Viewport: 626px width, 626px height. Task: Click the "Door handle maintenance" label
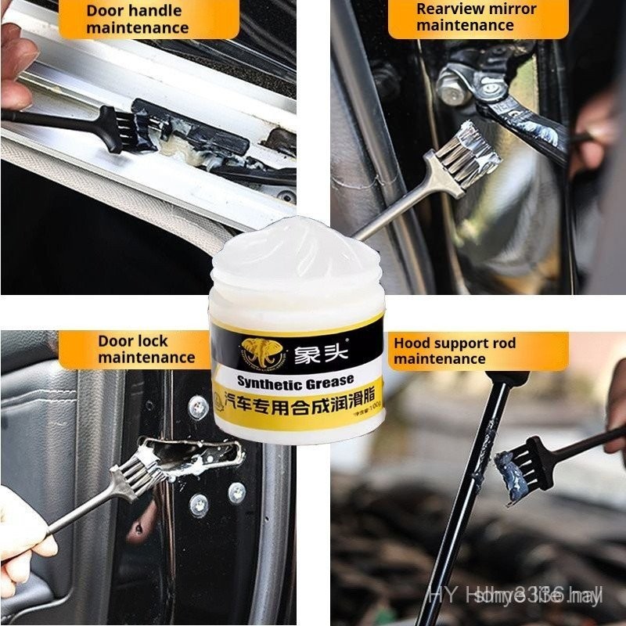tap(138, 20)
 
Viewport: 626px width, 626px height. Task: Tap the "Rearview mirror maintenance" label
tap(476, 17)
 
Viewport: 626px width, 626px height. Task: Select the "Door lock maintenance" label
tap(146, 349)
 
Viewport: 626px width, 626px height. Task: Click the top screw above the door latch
tap(198, 406)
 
